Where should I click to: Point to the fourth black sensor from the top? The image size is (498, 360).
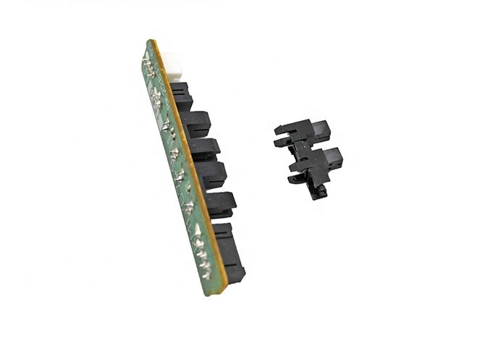[211, 174]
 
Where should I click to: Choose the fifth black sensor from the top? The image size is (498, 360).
[219, 204]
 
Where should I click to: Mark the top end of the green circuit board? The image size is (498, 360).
[149, 45]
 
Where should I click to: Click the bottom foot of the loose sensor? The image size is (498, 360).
[317, 192]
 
